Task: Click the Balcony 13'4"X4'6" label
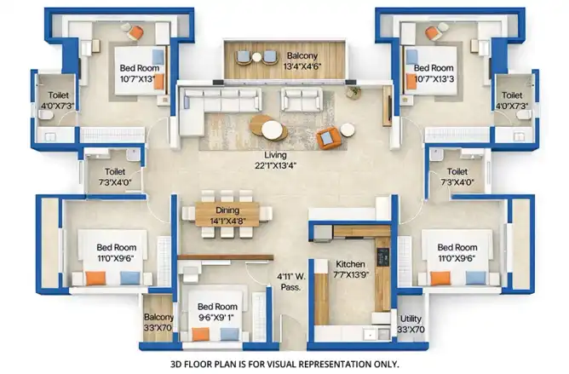[x=302, y=61]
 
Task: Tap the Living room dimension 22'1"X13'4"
[x=275, y=165]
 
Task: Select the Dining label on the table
[x=227, y=210]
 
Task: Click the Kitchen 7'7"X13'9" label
[x=351, y=269]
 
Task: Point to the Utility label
[x=411, y=319]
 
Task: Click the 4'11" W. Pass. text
[x=291, y=282]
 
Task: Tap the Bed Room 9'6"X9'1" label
[x=217, y=312]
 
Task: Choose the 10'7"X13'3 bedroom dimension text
[x=434, y=78]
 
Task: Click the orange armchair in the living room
[x=328, y=138]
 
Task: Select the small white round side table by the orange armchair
[x=348, y=130]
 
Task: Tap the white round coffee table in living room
[x=272, y=130]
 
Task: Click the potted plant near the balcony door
[x=353, y=92]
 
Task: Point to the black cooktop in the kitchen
[x=382, y=257]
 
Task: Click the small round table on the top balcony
[x=256, y=57]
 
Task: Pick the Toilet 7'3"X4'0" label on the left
[x=115, y=177]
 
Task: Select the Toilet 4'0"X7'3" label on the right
[x=512, y=101]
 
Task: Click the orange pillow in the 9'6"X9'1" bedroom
[x=201, y=334]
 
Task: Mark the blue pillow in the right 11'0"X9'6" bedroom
[x=476, y=278]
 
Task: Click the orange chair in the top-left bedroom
[x=136, y=33]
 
